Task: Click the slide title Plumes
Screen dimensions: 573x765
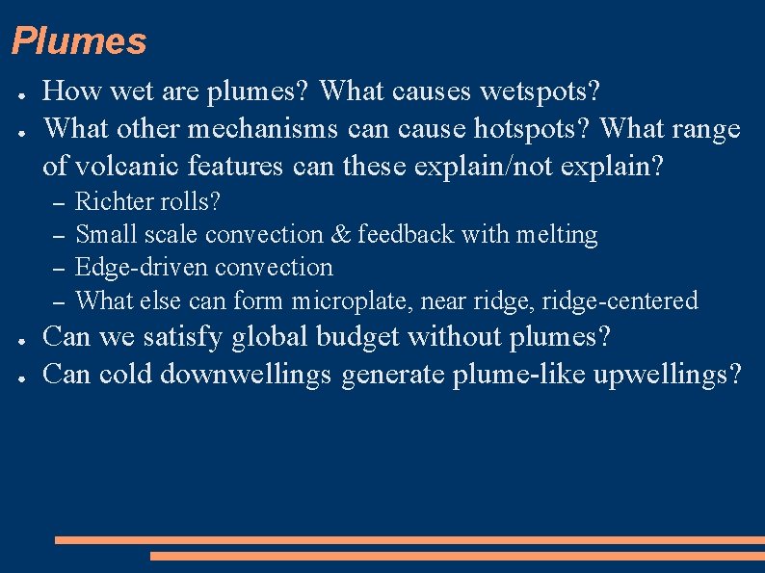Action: tap(79, 41)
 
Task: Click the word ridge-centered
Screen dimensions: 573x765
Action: tap(620, 300)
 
